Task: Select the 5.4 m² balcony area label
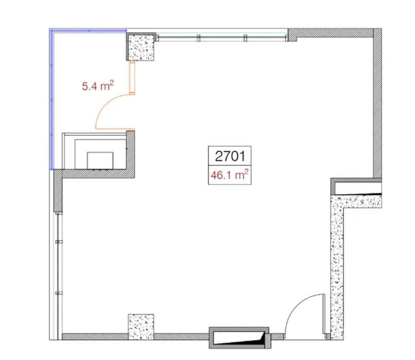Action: point(98,86)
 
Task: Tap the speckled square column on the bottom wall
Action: point(141,326)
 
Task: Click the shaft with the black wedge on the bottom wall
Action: point(239,337)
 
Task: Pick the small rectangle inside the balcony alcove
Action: point(101,160)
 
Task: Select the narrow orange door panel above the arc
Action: point(132,78)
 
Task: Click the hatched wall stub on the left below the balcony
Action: point(58,191)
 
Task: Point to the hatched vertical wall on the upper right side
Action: point(377,105)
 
